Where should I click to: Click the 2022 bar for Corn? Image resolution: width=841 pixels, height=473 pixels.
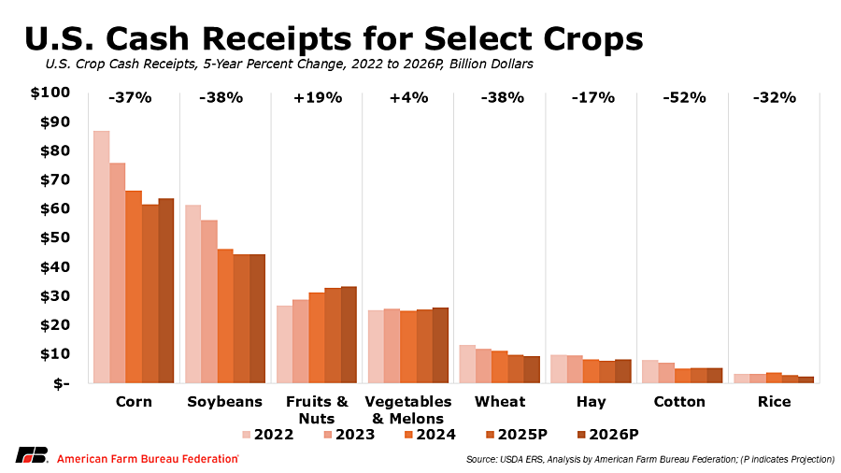(101, 257)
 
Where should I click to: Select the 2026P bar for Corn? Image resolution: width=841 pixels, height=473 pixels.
(165, 291)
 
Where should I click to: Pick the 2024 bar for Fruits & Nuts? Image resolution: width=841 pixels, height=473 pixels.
(317, 337)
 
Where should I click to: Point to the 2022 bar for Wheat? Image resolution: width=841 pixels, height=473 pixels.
(466, 364)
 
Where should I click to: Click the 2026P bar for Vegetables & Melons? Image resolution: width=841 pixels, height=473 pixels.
(440, 345)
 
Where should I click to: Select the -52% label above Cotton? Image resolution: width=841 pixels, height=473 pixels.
(685, 97)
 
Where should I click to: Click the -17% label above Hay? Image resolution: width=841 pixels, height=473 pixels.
(593, 97)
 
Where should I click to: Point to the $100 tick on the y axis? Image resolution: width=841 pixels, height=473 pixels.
(50, 93)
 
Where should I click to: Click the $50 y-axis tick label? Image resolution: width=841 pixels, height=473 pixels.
(53, 237)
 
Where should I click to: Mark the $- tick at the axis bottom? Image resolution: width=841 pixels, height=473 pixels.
(59, 383)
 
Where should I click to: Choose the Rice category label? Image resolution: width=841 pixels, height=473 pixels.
(776, 402)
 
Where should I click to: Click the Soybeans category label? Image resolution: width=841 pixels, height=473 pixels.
(224, 402)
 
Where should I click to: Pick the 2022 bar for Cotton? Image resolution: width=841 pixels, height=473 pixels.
(649, 371)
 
